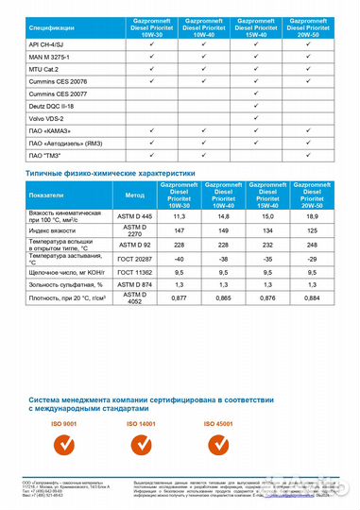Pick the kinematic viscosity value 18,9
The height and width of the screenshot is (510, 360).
click(x=309, y=215)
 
